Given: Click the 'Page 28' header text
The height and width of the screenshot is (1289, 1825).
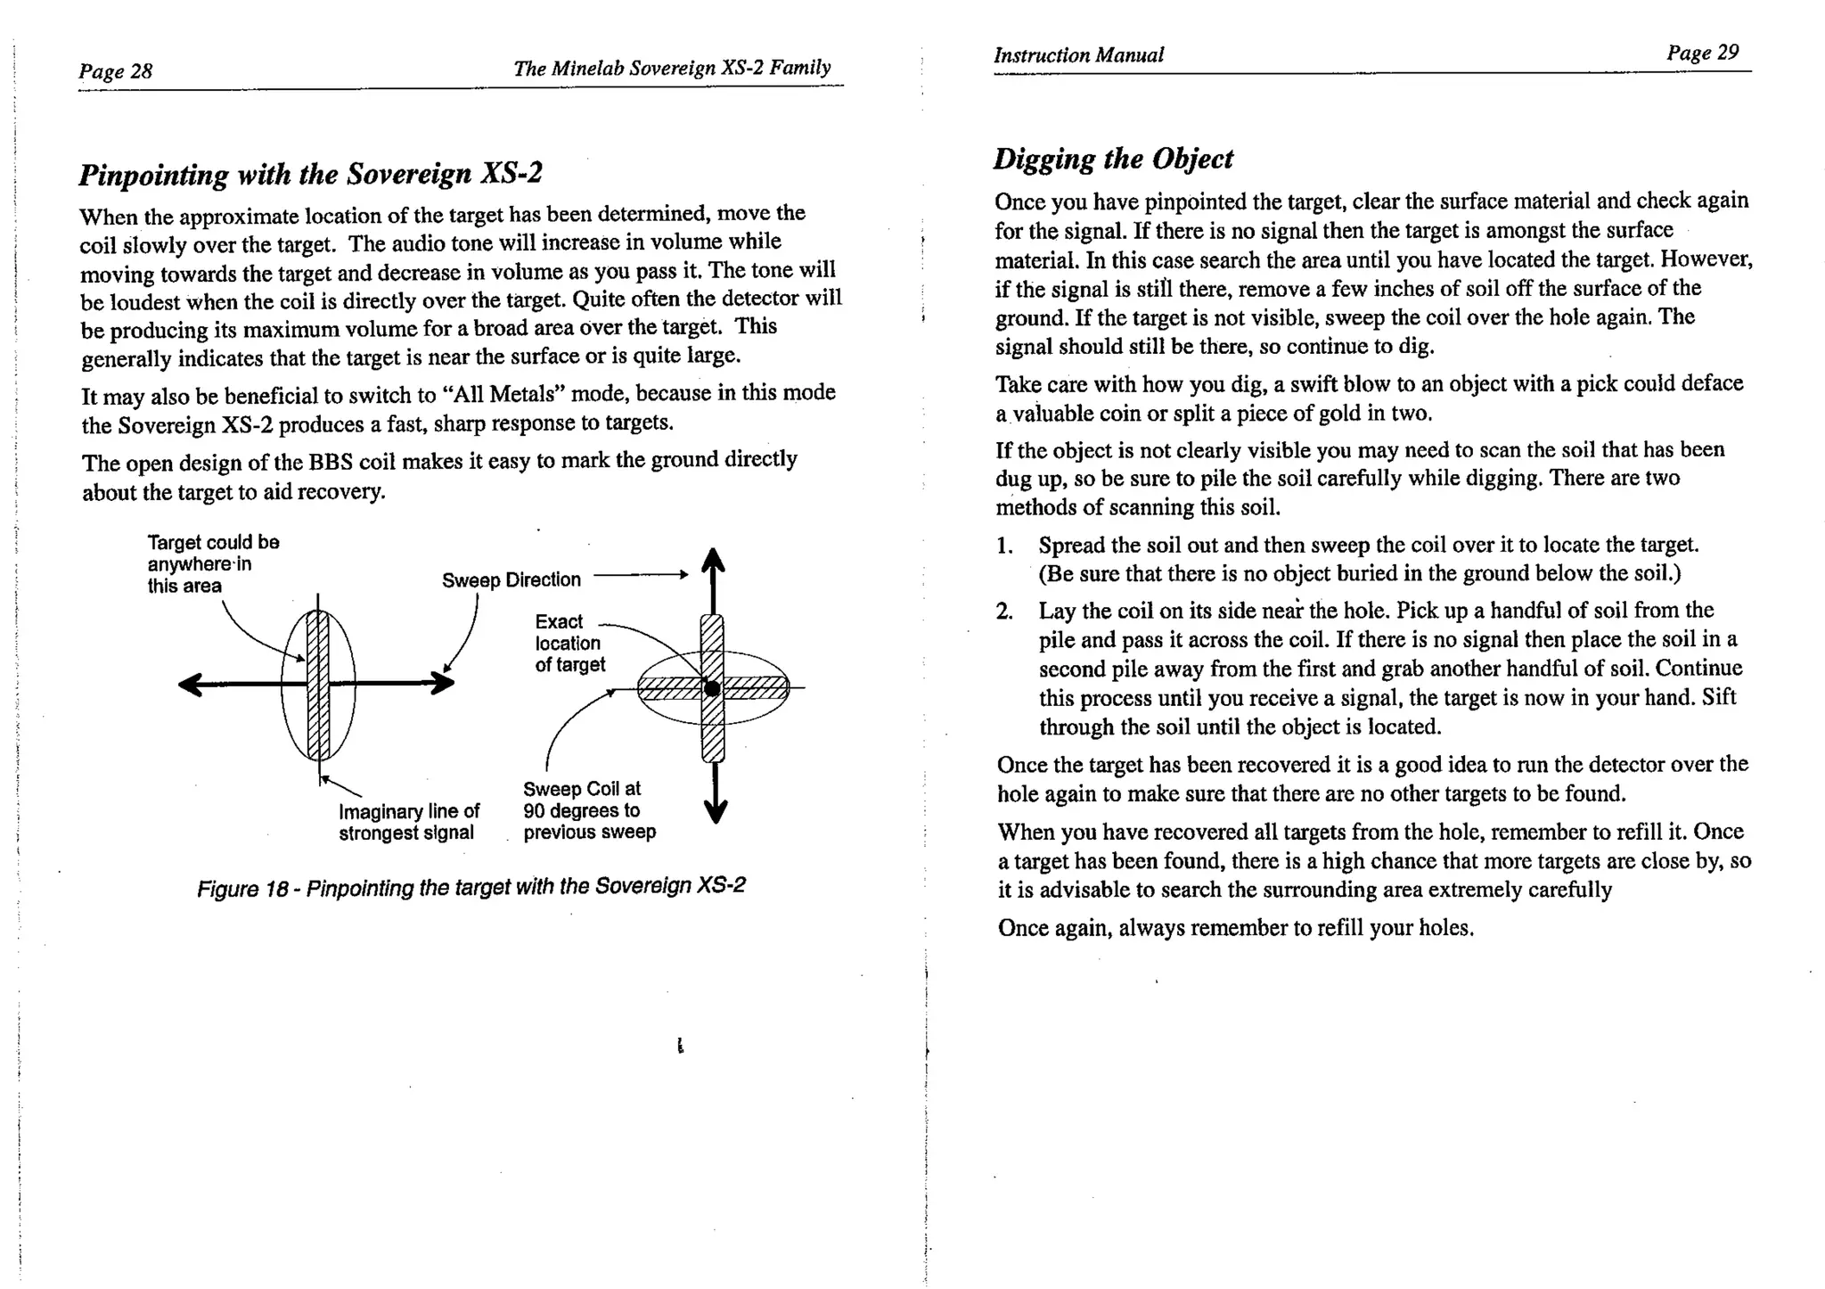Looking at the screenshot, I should click(x=115, y=70).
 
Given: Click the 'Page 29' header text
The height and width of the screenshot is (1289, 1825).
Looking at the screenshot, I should click(x=1702, y=53).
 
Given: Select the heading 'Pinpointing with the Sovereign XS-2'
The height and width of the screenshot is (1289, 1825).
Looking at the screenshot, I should click(x=310, y=173).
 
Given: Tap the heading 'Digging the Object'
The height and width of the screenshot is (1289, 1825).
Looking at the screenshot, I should click(x=1113, y=159).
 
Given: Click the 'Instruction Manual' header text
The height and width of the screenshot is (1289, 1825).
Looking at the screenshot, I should click(x=1078, y=55).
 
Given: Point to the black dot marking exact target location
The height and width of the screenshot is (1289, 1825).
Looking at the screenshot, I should click(x=711, y=688).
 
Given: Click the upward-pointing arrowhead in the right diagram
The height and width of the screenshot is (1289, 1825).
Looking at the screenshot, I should click(x=713, y=560).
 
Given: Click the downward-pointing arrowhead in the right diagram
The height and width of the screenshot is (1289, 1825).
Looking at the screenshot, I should click(x=715, y=811).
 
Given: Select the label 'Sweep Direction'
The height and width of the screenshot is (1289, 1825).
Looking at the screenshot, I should click(x=511, y=580).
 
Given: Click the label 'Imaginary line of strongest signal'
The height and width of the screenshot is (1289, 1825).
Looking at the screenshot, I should click(x=408, y=822).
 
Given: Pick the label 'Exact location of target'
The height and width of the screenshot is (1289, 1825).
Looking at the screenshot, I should click(x=569, y=643).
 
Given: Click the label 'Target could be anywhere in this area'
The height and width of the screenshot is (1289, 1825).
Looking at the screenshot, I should click(x=212, y=563).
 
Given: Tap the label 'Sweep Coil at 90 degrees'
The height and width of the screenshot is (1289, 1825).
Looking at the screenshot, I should click(x=588, y=810).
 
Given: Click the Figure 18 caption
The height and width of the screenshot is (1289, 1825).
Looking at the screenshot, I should click(x=471, y=887).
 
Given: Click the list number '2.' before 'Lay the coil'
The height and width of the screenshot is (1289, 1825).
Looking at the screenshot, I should click(x=1004, y=612).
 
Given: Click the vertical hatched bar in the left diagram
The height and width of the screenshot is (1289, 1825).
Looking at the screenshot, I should click(x=318, y=685).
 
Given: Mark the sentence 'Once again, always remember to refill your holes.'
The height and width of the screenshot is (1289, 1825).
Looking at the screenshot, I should click(x=1235, y=928).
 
